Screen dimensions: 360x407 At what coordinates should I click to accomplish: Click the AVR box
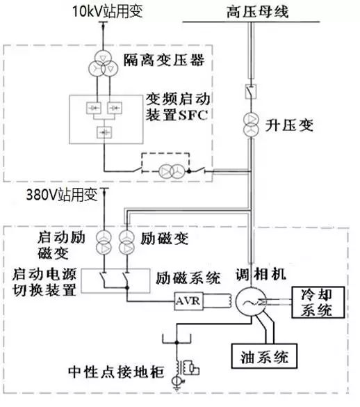pyautogui.click(x=188, y=301)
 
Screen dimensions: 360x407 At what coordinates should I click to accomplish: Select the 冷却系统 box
pyautogui.click(x=318, y=302)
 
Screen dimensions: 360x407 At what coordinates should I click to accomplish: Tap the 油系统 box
pyautogui.click(x=264, y=356)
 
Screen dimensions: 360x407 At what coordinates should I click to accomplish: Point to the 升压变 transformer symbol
pyautogui.click(x=251, y=125)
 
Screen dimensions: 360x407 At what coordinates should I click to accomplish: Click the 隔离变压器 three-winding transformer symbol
pyautogui.click(x=104, y=63)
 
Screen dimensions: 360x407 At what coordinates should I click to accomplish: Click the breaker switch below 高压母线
pyautogui.click(x=251, y=91)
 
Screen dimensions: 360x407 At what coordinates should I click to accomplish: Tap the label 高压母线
pyautogui.click(x=258, y=12)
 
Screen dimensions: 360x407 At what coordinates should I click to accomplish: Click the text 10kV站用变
pyautogui.click(x=108, y=12)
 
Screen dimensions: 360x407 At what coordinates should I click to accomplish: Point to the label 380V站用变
pyautogui.click(x=62, y=195)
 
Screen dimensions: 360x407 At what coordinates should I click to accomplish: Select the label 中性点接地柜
pyautogui.click(x=116, y=372)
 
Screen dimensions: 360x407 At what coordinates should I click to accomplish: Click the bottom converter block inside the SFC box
pyautogui.click(x=104, y=132)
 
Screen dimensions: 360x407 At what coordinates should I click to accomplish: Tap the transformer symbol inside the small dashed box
pyautogui.click(x=172, y=171)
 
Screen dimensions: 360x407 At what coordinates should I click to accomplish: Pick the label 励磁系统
pyautogui.click(x=188, y=278)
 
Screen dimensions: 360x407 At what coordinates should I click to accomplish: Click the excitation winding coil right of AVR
pyautogui.click(x=229, y=301)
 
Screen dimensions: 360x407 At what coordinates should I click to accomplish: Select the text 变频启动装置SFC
pyautogui.click(x=177, y=106)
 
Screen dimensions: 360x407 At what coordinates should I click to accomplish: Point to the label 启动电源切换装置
pyautogui.click(x=44, y=282)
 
